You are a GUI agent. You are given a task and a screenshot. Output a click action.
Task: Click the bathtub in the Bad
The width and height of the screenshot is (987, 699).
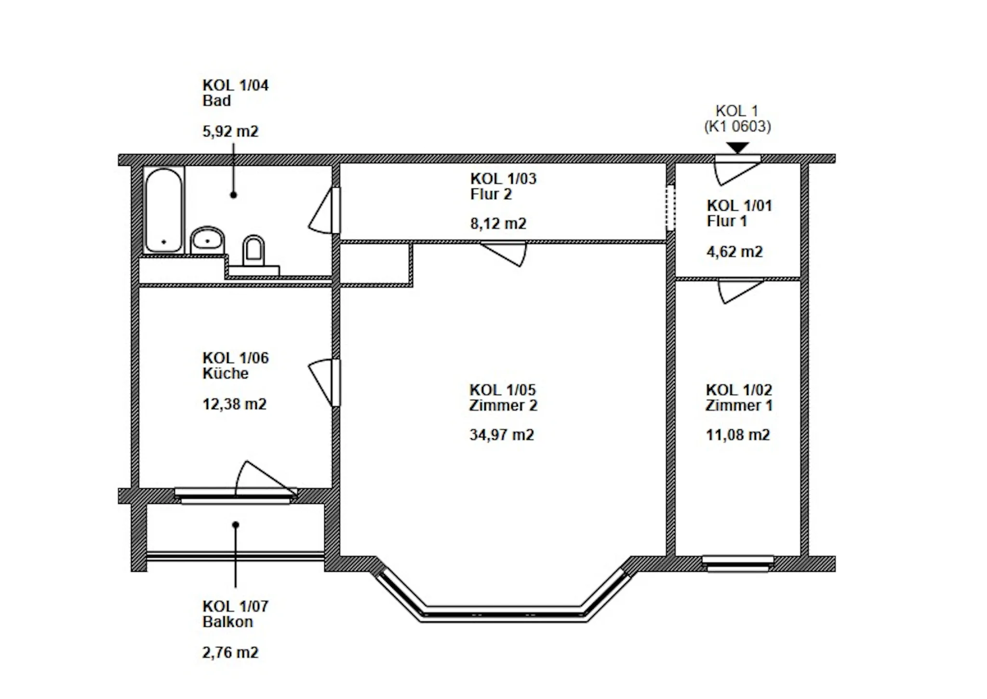pyautogui.click(x=164, y=210)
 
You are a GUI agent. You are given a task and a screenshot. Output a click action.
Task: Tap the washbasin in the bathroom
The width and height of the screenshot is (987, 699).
pyautogui.click(x=208, y=240)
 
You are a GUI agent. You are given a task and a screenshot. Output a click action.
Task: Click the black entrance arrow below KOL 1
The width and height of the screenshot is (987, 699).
pyautogui.click(x=738, y=148)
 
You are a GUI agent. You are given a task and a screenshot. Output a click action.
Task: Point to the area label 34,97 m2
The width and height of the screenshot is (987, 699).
pyautogui.click(x=502, y=435)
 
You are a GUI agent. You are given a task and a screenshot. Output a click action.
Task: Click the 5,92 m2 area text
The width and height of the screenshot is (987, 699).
pyautogui.click(x=230, y=131)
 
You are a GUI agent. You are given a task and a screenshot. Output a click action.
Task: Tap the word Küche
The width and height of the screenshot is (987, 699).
pyautogui.click(x=226, y=373)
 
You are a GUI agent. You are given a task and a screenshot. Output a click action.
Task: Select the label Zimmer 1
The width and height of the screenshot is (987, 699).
pyautogui.click(x=739, y=405)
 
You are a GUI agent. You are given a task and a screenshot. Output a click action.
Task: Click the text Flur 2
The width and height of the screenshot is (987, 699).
pyautogui.click(x=491, y=194)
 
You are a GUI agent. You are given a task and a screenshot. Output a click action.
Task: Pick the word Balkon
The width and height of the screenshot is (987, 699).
pyautogui.click(x=227, y=621)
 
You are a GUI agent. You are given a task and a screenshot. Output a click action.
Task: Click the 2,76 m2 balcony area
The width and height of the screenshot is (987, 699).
pyautogui.click(x=230, y=652)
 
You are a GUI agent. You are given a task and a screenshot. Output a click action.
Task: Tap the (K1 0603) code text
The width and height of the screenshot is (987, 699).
pyautogui.click(x=737, y=126)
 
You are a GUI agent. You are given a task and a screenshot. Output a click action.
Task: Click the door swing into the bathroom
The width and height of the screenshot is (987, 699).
pyautogui.click(x=324, y=211)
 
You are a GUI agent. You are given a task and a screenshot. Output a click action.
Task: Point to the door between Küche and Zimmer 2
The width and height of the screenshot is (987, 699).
pyautogui.click(x=324, y=383)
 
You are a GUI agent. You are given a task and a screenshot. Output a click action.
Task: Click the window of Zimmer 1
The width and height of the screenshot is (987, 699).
pyautogui.click(x=738, y=564)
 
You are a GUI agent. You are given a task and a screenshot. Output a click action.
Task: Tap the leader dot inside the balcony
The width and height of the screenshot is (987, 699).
pyautogui.click(x=236, y=525)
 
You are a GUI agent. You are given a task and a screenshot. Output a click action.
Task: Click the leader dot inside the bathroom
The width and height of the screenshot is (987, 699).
pyautogui.click(x=233, y=195)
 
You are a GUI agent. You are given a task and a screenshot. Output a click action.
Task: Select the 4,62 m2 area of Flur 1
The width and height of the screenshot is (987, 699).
pyautogui.click(x=734, y=252)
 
